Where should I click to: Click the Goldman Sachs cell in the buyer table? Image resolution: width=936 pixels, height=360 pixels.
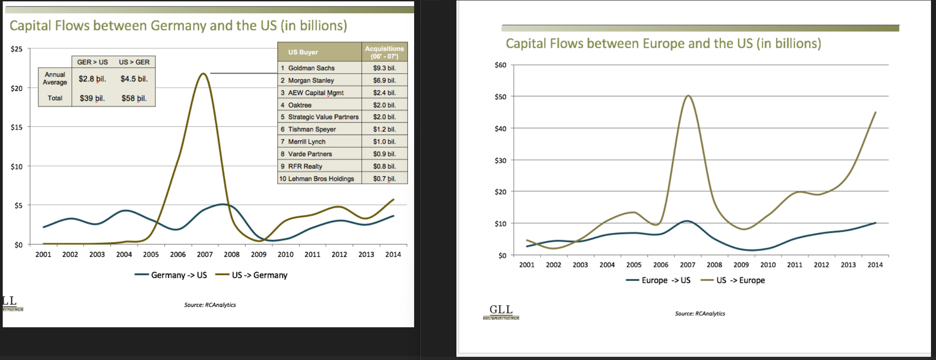[x=311, y=68]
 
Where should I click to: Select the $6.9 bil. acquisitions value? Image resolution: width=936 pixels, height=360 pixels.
[x=384, y=80]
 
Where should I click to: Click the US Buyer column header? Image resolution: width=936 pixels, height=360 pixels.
[x=303, y=52]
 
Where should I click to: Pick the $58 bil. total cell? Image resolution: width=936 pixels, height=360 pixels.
[x=134, y=98]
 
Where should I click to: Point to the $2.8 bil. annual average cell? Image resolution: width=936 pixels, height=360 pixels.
[x=92, y=79]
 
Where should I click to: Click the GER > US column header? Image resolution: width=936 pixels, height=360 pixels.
[x=92, y=62]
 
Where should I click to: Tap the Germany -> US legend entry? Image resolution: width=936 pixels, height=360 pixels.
[x=171, y=275]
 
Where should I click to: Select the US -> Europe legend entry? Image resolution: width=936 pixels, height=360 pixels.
[x=733, y=280]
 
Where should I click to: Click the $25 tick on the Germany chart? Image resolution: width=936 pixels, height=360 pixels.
[x=16, y=49]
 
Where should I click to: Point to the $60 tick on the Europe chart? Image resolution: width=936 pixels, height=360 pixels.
[x=500, y=65]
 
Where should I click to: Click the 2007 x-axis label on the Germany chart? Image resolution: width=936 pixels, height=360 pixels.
[x=205, y=255]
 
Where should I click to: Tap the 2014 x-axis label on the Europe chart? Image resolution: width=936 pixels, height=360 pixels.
[x=875, y=265]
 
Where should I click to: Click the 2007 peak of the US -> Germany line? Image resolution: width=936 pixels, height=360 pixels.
[x=203, y=74]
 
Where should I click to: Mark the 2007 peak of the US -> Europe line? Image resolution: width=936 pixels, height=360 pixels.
[x=688, y=95]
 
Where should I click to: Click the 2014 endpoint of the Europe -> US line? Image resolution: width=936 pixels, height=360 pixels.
[x=875, y=223]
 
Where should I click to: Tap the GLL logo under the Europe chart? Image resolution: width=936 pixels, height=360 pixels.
[x=501, y=311]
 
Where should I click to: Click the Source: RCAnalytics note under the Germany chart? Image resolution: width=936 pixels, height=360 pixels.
[x=210, y=305]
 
